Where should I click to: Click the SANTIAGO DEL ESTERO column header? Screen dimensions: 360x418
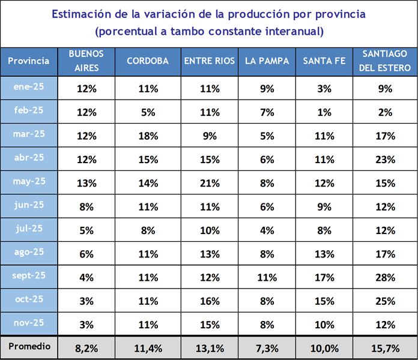385,61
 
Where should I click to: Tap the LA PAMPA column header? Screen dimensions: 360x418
267,61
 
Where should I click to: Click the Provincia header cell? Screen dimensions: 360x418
29,61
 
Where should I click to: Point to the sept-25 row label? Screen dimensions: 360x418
29,275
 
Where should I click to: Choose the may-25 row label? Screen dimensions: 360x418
29,181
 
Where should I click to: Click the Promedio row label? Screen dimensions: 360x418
29,346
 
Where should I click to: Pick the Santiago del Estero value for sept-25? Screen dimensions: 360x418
385,278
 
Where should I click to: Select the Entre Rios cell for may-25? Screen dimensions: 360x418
210,182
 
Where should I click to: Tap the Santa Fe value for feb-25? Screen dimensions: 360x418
325,112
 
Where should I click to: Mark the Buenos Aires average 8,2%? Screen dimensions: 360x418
86,348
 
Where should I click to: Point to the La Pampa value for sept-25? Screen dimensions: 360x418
267,278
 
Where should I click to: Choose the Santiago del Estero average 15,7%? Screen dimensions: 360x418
385,348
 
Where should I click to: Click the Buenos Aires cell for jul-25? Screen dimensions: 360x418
86,229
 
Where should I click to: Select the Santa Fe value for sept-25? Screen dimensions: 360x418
325,278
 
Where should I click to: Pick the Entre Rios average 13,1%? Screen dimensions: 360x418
210,348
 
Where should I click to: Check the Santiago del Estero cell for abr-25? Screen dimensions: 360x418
385,159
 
